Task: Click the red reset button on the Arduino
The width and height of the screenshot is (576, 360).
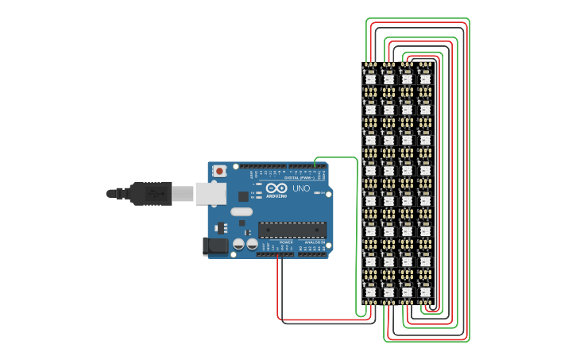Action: (219, 171)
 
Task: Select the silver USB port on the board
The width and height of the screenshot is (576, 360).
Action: (211, 193)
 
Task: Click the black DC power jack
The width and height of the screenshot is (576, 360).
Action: (215, 246)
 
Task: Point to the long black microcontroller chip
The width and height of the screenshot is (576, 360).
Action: (292, 230)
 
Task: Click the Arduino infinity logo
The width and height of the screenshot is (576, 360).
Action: (276, 188)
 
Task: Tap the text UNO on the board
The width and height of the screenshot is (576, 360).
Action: (301, 188)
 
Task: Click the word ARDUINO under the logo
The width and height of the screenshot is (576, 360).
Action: (276, 195)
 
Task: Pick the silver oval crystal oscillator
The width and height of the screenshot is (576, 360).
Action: (242, 212)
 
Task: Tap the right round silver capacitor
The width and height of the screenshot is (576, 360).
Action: (252, 244)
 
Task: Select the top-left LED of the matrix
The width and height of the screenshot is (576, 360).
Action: (370, 77)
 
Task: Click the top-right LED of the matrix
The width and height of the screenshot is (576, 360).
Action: (425, 77)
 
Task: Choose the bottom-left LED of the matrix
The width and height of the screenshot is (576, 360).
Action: (370, 290)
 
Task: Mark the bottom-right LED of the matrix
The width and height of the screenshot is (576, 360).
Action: (425, 290)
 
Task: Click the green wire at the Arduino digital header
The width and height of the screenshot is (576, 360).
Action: (315, 163)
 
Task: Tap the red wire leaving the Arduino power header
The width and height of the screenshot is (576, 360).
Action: (277, 278)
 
